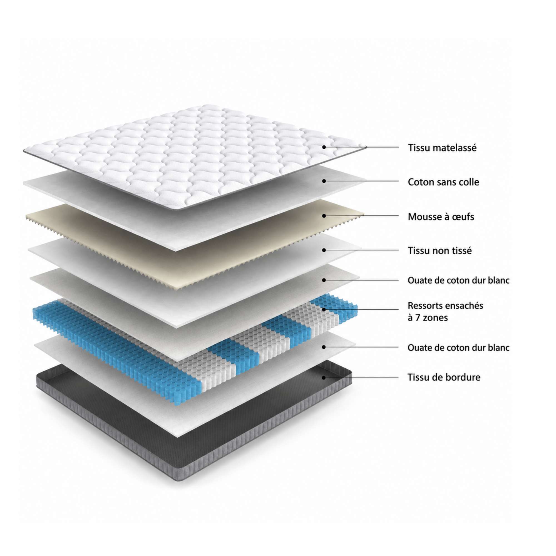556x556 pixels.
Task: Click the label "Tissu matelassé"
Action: (442, 148)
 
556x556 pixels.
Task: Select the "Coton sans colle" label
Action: (443, 182)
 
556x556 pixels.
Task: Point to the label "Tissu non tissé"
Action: (440, 250)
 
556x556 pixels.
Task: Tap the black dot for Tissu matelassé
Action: (324, 147)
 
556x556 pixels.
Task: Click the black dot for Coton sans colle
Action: (324, 181)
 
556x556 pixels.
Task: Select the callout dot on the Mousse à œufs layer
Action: (324, 215)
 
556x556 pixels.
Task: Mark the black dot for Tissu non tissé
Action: (324, 250)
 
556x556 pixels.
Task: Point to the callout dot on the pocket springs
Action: (324, 309)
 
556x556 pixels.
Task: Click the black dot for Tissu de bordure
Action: (324, 378)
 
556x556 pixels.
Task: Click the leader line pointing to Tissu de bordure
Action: (361, 378)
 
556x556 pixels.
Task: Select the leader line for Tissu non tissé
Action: (361, 250)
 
